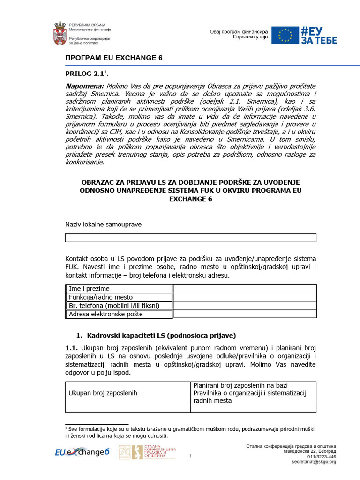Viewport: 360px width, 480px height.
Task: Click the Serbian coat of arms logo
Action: (x=60, y=33)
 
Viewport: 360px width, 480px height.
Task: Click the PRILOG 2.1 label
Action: (x=86, y=74)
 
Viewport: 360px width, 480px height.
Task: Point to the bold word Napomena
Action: (x=84, y=87)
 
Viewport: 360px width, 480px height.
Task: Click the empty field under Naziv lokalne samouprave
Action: (x=190, y=238)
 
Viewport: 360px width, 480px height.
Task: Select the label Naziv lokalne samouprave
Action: (x=103, y=225)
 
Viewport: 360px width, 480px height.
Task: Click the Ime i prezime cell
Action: (x=119, y=289)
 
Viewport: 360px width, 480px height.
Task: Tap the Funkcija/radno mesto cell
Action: (x=119, y=297)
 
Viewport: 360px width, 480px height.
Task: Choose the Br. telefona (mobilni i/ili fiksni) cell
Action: (x=119, y=306)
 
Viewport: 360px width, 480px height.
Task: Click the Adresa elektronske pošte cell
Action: (x=119, y=314)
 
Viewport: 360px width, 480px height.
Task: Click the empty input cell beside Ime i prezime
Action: (x=245, y=289)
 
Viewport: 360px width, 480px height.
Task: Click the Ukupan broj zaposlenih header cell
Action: (x=127, y=393)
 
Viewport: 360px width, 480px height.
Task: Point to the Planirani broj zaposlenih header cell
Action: (x=253, y=393)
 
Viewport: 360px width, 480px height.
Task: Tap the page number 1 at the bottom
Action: (x=190, y=456)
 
